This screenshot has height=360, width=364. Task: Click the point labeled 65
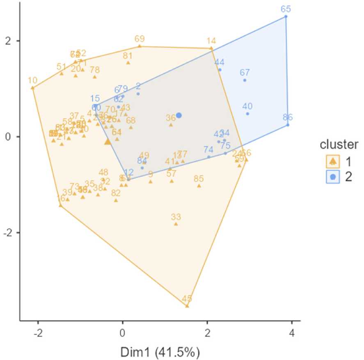pyautogui.click(x=286, y=16)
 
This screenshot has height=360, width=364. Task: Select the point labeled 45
pyautogui.click(x=187, y=306)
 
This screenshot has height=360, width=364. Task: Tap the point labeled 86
pyautogui.click(x=288, y=125)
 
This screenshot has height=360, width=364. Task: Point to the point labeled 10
pyautogui.click(x=32, y=88)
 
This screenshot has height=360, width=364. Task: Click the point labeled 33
pyautogui.click(x=176, y=224)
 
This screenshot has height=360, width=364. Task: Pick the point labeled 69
pyautogui.click(x=140, y=46)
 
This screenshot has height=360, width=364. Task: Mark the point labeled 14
pyautogui.click(x=211, y=48)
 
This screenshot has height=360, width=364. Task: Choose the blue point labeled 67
pyautogui.click(x=245, y=80)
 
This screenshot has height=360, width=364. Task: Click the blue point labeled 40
pyautogui.click(x=247, y=114)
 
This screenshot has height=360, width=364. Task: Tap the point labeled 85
pyautogui.click(x=199, y=186)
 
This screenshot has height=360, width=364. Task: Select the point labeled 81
pyautogui.click(x=128, y=63)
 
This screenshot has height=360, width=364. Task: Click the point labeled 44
pyautogui.click(x=220, y=70)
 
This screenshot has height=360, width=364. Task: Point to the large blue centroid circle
pyautogui.click(x=179, y=115)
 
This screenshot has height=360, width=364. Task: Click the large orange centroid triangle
pyautogui.click(x=108, y=142)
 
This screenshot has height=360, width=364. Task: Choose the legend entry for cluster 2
pyautogui.click(x=333, y=177)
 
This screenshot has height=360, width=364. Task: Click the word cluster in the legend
pyautogui.click(x=339, y=145)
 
